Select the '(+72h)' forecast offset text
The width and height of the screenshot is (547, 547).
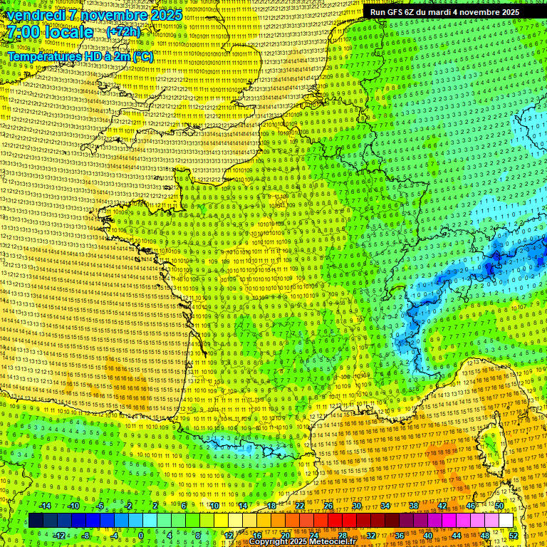pyautogui.click(x=123, y=32)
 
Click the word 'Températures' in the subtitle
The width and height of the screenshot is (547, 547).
pyautogui.click(x=43, y=56)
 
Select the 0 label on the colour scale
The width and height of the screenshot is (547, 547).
pyautogui.click(x=141, y=535)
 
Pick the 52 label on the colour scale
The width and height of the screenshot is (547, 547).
pyautogui.click(x=514, y=535)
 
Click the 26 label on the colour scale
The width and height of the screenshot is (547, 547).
pyautogui.click(x=328, y=506)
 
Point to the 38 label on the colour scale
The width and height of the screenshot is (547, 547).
pyautogui.click(x=414, y=506)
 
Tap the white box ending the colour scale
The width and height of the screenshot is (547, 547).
pyautogui.click(x=506, y=521)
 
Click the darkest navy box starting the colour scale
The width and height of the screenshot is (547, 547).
pyautogui.click(x=36, y=521)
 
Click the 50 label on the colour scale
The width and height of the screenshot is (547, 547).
pyautogui.click(x=499, y=506)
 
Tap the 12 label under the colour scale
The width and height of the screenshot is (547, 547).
pyautogui.click(x=229, y=535)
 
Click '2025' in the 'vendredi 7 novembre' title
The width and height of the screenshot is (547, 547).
pyautogui.click(x=163, y=15)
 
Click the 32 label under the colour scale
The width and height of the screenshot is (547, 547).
pyautogui.click(x=371, y=535)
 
